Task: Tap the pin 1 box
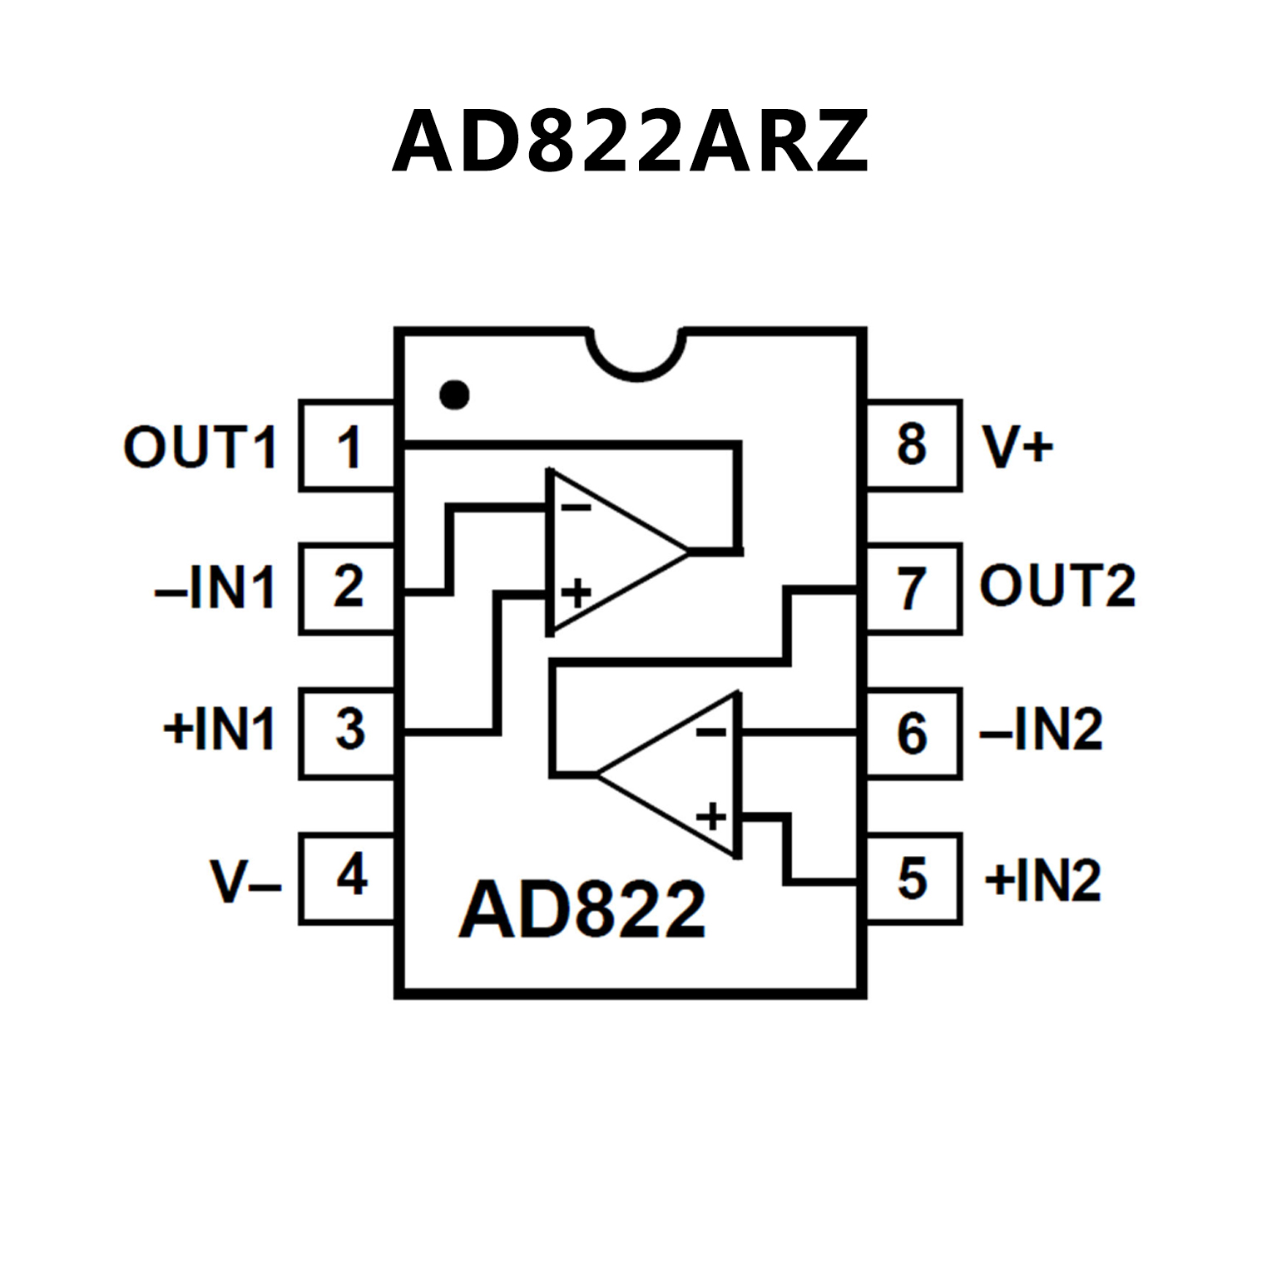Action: point(347,446)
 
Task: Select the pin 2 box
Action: point(347,589)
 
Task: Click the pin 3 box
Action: point(347,733)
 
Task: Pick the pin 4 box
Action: point(347,878)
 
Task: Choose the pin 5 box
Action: point(913,878)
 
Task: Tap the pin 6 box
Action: point(913,733)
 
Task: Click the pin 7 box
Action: point(913,589)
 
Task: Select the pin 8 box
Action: point(913,446)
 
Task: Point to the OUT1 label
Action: point(200,447)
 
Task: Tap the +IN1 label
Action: point(219,730)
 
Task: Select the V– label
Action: point(245,881)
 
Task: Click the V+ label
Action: point(1017,447)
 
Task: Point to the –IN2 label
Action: point(1042,730)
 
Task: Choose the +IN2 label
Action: point(1043,879)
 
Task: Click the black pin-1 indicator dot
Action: point(454,394)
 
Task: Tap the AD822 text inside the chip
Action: point(582,910)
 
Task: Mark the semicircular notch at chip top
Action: point(636,354)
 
